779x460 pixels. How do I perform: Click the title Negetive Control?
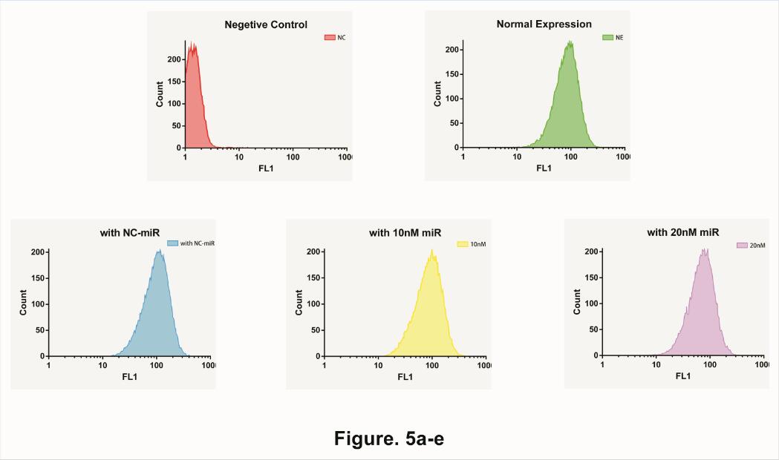click(x=266, y=25)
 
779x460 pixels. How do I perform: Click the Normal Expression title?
click(x=544, y=24)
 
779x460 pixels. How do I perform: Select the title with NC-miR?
click(x=131, y=233)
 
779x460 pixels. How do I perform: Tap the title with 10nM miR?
click(x=405, y=233)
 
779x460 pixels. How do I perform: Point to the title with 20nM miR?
click(x=683, y=232)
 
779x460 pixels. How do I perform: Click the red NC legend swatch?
click(x=330, y=37)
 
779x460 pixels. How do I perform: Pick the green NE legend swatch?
click(x=607, y=36)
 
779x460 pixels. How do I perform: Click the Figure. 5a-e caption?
click(x=389, y=438)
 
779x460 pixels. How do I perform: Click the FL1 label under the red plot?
click(x=266, y=168)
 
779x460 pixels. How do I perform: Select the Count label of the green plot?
click(x=438, y=93)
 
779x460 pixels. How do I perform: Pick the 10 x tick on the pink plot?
click(x=656, y=365)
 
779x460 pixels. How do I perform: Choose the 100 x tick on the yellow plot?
click(x=431, y=366)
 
